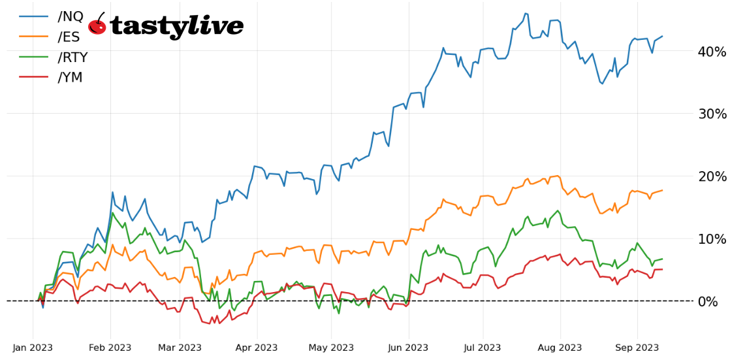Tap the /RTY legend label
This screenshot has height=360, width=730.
point(72,57)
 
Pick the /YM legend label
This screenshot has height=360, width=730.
point(71,78)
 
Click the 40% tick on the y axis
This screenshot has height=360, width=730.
point(711,52)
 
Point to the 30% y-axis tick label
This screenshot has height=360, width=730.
point(711,114)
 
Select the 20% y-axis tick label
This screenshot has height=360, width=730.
point(711,176)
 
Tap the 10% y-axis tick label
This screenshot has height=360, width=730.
point(711,239)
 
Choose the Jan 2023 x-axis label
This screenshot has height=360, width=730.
point(33,348)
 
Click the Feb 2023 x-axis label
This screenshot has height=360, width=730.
point(110,348)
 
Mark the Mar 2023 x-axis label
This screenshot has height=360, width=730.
point(180,348)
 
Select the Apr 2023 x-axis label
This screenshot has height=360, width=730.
point(257,348)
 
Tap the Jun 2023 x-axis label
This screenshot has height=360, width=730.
point(409,348)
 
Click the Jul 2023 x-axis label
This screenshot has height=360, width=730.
point(483,348)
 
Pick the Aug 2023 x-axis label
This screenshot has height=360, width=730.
point(560,348)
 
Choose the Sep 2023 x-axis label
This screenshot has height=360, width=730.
point(637,348)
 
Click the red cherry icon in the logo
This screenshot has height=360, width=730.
point(97,25)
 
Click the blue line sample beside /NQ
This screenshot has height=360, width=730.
point(33,16)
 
